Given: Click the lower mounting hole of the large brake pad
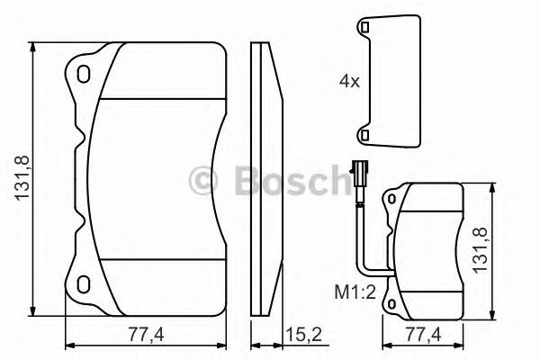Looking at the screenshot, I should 84,284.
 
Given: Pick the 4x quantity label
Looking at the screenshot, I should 349,81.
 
